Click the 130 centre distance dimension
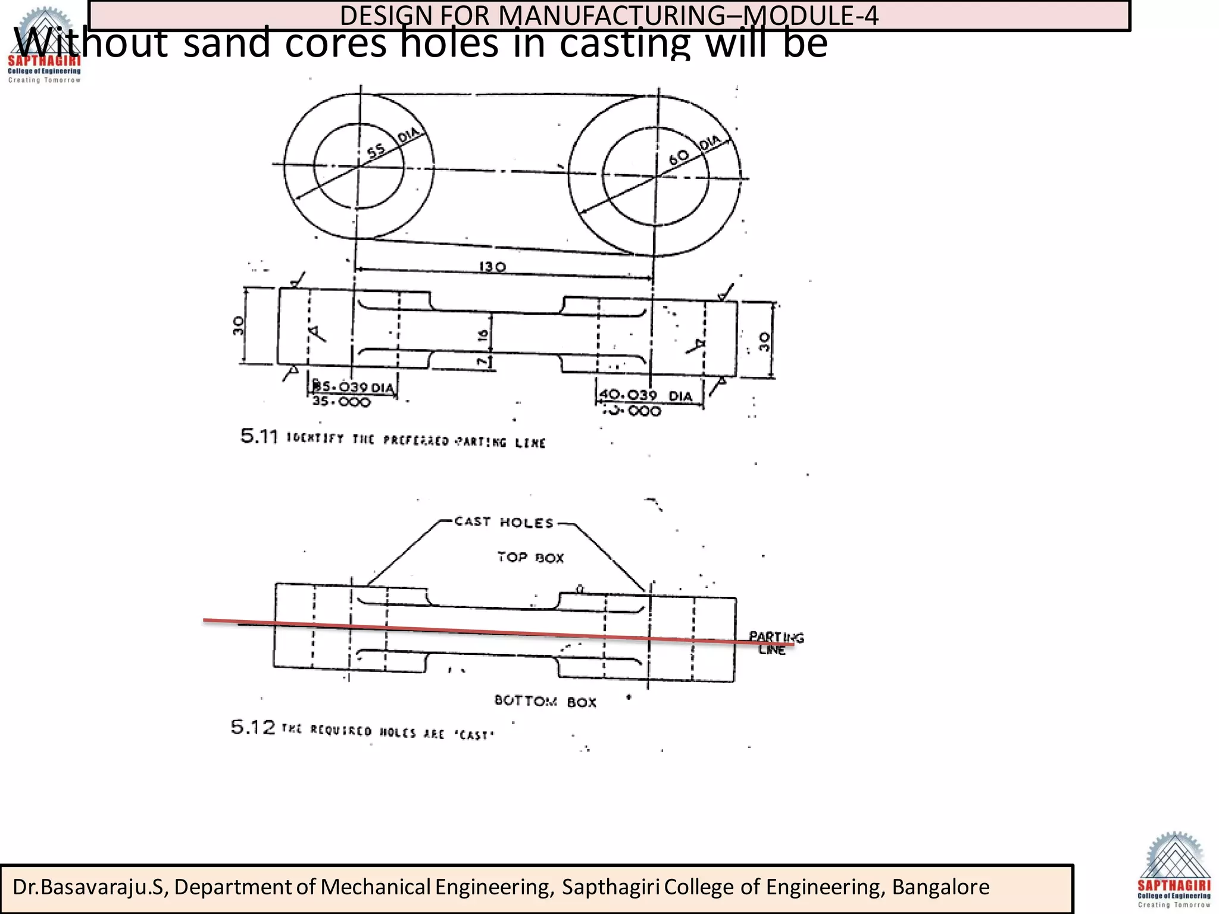point(493,267)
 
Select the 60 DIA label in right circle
point(693,151)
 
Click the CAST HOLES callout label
point(504,522)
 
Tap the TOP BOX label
point(530,558)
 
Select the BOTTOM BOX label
point(545,702)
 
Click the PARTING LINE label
point(776,643)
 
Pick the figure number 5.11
point(259,437)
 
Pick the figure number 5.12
point(253,727)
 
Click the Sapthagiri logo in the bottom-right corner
point(1174,870)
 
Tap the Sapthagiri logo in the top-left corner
point(44,45)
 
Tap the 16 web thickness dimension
point(483,335)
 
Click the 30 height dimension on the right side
point(765,341)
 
